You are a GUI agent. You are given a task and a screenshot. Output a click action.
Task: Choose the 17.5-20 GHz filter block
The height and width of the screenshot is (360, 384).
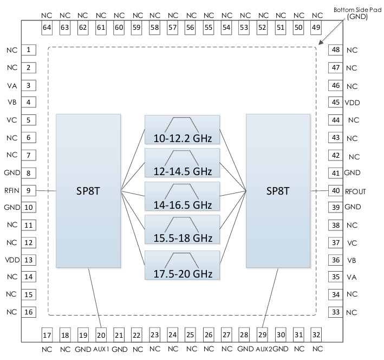(183, 265)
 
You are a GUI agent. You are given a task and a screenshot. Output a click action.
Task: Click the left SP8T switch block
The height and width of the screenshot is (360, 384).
(88, 191)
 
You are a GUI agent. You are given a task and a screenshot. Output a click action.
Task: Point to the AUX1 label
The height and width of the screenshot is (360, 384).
(102, 349)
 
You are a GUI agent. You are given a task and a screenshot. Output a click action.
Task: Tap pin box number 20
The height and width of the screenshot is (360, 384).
(101, 335)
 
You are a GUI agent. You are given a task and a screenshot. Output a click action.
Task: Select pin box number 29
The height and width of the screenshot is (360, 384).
(263, 335)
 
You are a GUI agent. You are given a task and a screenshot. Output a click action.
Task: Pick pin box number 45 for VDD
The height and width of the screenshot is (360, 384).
(336, 102)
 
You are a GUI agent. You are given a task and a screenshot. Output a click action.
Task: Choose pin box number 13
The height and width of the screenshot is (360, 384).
(28, 260)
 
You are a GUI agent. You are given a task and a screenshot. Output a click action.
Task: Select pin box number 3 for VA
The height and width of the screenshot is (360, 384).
(28, 85)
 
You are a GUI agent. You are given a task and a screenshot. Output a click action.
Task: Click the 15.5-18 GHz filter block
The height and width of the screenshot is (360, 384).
(183, 231)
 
